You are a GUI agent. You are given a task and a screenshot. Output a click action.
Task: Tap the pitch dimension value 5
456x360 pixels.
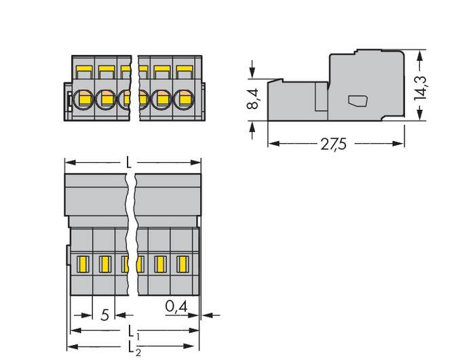tap(104, 315)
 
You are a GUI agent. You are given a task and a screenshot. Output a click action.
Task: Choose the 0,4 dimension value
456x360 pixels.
tap(176, 307)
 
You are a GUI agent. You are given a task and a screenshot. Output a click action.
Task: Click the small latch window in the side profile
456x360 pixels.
tap(358, 102)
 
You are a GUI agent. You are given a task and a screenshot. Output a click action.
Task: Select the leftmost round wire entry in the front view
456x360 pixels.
tap(84, 100)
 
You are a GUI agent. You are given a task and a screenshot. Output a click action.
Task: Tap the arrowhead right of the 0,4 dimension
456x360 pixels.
tap(206, 315)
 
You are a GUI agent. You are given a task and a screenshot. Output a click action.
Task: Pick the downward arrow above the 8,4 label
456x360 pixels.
tap(252, 73)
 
